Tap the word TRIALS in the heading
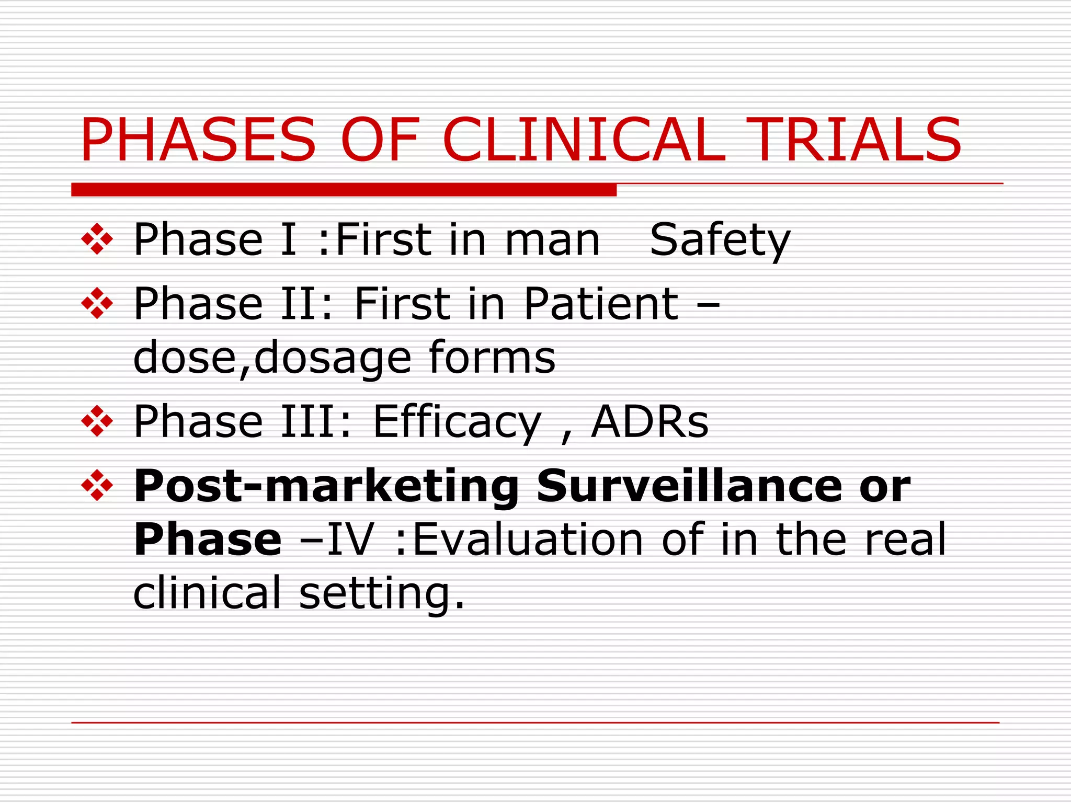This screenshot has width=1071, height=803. pos(853,140)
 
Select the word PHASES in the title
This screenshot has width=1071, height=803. pos(198,140)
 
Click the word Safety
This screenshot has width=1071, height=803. pos(720,240)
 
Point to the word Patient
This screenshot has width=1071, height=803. pos(601,304)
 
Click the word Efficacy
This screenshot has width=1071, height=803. pos(457,421)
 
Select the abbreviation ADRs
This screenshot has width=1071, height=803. pos(650,421)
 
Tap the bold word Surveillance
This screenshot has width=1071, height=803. pos(689,486)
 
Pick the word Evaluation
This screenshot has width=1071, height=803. pos(528,540)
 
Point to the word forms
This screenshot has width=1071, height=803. pos(492,358)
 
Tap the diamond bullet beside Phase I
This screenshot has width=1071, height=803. pos(97,239)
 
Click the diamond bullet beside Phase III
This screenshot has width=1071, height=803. pos(97,421)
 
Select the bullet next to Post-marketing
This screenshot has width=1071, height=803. pos(97,486)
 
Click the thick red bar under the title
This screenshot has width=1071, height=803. pos(344,190)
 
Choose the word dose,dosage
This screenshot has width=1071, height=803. pos(272,359)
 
